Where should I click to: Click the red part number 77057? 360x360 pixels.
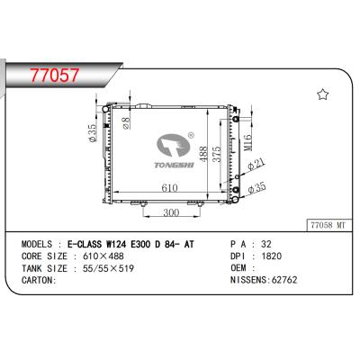coord(55,76)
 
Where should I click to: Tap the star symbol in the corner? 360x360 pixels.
coord(323,94)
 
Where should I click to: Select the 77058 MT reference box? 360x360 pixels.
coord(328,225)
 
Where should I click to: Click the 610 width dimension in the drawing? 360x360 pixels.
coord(169,187)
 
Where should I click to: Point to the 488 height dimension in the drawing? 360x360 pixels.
coord(203,154)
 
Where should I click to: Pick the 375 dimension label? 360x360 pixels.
coord(216,154)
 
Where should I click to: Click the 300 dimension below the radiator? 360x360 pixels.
coord(171,212)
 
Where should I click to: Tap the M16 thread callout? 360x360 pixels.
coord(247,143)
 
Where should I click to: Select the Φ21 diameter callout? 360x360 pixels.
coord(256,165)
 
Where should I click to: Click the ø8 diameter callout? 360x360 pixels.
coord(126,123)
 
